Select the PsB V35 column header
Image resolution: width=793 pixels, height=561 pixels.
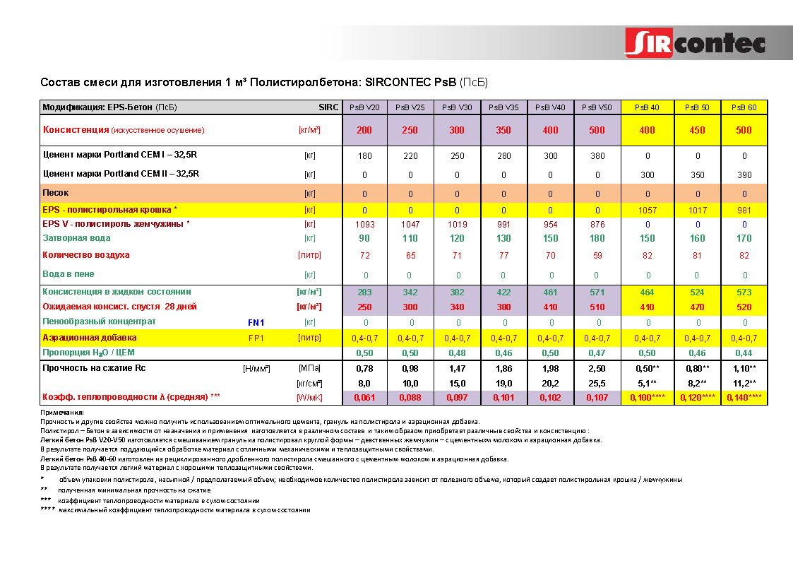(503, 107)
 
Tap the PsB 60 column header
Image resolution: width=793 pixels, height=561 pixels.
(744, 107)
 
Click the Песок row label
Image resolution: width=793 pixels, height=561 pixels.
(56, 193)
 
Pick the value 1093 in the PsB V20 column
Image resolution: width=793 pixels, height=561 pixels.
(364, 224)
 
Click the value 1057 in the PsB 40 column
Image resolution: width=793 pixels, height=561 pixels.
(647, 210)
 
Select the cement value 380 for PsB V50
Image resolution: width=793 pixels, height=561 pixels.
(597, 155)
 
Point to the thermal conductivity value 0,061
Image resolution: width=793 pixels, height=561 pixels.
(364, 398)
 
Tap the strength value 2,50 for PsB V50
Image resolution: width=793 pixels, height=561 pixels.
(597, 368)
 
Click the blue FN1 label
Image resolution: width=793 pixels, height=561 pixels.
(256, 322)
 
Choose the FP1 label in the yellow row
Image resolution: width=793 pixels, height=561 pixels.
(256, 338)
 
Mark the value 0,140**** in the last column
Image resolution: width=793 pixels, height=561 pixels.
(744, 398)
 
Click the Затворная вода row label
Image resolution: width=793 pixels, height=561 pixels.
(73, 238)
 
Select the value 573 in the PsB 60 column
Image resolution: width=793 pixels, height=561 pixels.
(744, 292)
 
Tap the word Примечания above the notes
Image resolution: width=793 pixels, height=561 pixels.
(62, 412)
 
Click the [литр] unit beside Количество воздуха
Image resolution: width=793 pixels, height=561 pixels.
(309, 255)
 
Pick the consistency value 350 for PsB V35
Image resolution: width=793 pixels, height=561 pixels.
(503, 130)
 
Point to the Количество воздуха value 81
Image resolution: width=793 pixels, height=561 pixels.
(697, 255)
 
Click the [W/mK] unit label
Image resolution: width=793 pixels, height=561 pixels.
(309, 398)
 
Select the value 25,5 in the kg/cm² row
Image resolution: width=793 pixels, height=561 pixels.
(597, 383)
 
